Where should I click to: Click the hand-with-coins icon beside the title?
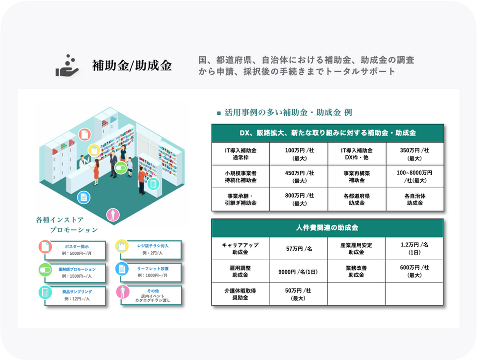coord(68,66)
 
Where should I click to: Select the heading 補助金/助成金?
coord(132,66)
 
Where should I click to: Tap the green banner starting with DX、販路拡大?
coord(327,133)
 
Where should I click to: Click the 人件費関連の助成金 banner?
coord(327,228)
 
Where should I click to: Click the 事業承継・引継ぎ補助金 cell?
coord(241,199)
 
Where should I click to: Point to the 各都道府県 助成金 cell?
coord(356,199)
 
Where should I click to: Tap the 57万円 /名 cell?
coord(299,248)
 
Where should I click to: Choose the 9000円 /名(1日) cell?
coord(299,272)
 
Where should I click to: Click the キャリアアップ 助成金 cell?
coord(241,248)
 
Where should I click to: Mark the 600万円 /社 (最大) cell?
coord(414,272)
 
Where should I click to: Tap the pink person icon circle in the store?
coord(114,215)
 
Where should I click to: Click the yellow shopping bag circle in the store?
coord(93,150)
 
